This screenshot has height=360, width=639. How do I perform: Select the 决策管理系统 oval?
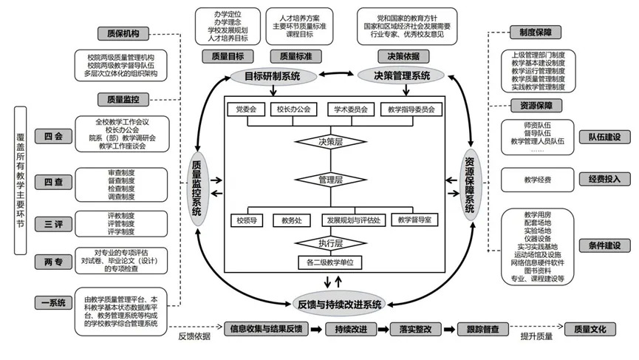tap(400, 75)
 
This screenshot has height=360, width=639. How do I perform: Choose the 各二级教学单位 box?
tap(330, 262)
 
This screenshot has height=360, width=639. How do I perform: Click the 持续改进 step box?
tap(350, 329)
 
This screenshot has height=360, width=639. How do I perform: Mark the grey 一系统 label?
tap(53, 302)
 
